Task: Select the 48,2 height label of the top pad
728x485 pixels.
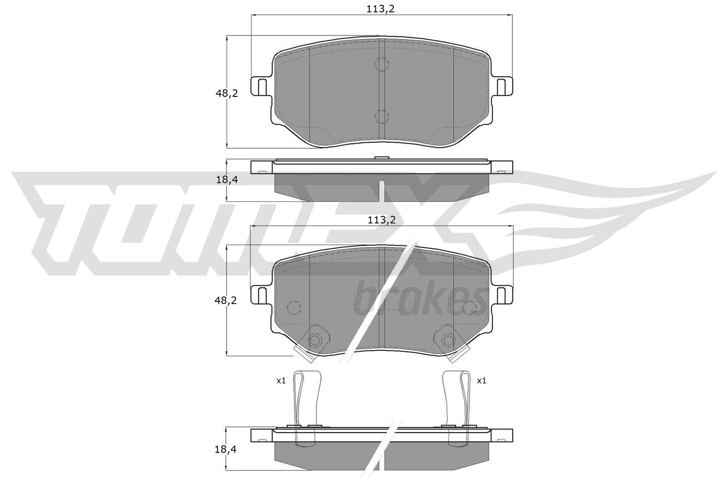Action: tap(227, 94)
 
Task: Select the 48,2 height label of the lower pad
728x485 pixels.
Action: tap(227, 300)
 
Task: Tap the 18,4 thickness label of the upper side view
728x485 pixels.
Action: tap(227, 180)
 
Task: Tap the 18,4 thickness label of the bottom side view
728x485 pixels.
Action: tap(227, 449)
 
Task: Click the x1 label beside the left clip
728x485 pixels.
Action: tap(281, 381)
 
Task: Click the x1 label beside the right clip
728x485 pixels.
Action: tap(481, 381)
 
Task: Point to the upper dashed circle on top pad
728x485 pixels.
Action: tap(381, 64)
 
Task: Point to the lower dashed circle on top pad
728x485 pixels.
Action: tap(381, 117)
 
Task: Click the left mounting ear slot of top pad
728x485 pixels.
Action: tap(262, 86)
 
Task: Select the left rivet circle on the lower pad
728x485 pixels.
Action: tap(314, 340)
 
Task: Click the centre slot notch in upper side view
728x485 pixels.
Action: tap(382, 191)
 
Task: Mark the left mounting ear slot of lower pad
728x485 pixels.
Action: tap(262, 295)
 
